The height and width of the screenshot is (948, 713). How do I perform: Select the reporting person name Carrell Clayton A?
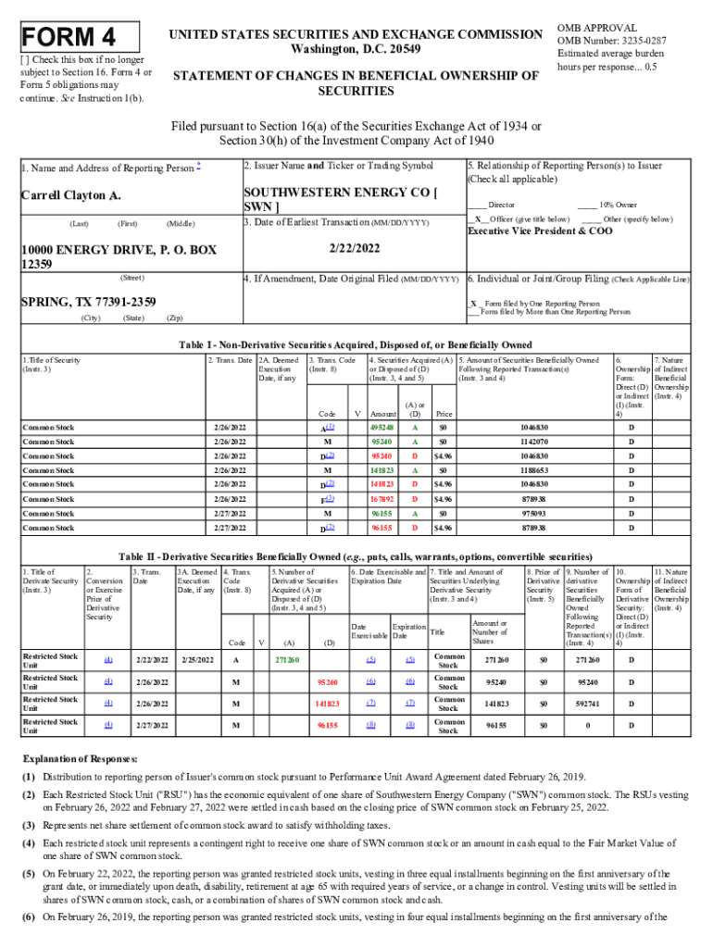tap(71, 196)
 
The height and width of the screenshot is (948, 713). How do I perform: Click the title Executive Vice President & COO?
tap(540, 231)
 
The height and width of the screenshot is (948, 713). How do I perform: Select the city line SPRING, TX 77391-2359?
tap(88, 302)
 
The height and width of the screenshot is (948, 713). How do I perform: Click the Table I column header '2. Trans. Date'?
tap(230, 360)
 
